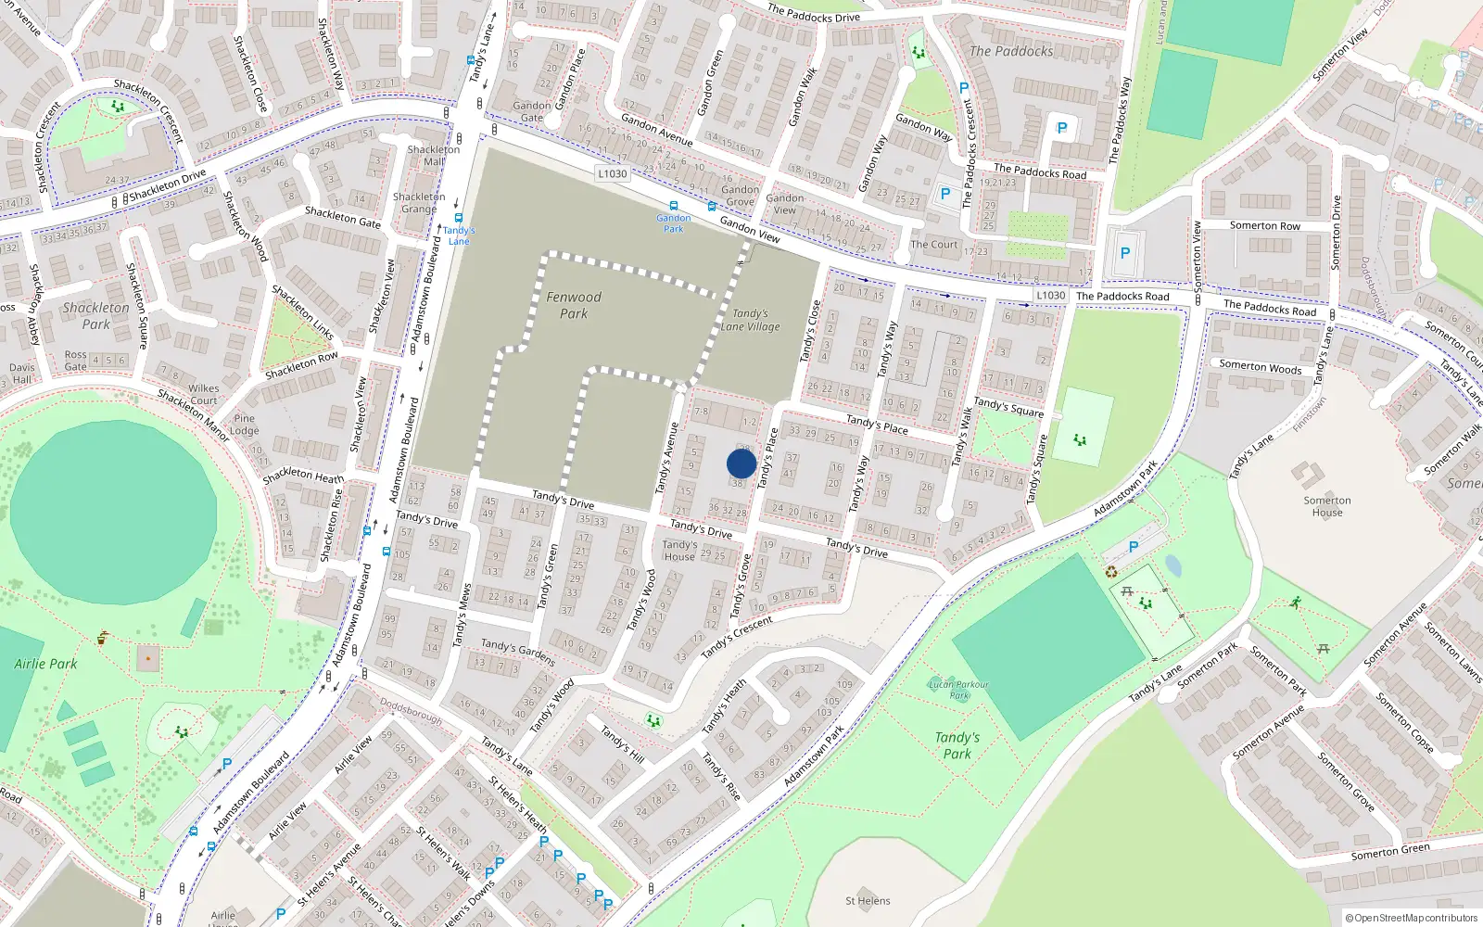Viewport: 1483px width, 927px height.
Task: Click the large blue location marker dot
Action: (x=741, y=463)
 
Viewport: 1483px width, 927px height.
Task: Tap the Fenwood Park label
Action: (x=574, y=305)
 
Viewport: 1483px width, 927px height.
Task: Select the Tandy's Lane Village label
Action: (x=751, y=320)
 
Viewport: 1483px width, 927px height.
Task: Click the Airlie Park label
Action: (x=45, y=664)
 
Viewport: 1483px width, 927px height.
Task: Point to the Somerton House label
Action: (x=1327, y=506)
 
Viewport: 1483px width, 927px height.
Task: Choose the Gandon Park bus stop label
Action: (x=674, y=223)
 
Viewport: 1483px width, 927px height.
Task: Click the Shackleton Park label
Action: (x=96, y=315)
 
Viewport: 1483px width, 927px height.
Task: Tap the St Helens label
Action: (x=868, y=900)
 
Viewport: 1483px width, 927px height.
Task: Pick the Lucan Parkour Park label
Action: (x=958, y=690)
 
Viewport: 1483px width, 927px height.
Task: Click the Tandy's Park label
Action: (x=957, y=745)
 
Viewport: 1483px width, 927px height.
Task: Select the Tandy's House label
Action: (x=679, y=551)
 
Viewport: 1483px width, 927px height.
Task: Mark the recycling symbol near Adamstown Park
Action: (x=1111, y=572)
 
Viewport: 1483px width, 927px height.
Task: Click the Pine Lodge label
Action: (x=245, y=425)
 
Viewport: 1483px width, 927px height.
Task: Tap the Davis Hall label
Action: (x=22, y=373)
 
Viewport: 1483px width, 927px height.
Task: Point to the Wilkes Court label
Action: (x=204, y=395)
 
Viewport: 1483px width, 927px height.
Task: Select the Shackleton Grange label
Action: (x=419, y=202)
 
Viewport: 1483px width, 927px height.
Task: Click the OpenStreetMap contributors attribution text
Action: (x=1412, y=918)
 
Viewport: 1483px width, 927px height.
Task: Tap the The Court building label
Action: (x=934, y=245)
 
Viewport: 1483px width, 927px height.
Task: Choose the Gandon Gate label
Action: (x=532, y=111)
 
